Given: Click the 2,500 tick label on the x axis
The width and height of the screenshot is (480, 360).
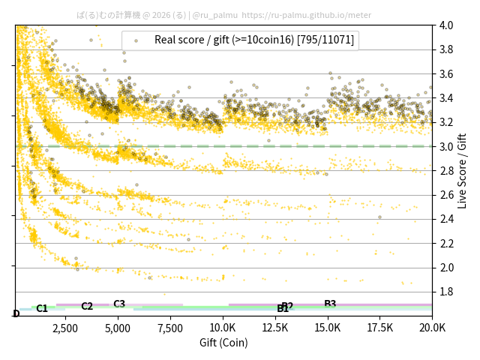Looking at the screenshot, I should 65,328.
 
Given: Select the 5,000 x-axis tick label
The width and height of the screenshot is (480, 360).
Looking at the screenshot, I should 118,328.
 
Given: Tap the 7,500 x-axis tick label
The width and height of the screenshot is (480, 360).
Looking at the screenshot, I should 170,328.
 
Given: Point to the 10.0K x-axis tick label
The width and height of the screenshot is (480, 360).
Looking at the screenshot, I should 223,328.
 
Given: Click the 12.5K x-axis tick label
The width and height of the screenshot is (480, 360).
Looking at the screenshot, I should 275,328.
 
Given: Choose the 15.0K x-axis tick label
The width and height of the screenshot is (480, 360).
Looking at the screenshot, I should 328,328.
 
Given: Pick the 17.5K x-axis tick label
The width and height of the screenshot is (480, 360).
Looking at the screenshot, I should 380,328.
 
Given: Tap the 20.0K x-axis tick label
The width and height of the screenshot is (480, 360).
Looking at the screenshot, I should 432,328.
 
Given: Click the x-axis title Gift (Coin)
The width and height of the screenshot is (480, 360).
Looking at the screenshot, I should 223,343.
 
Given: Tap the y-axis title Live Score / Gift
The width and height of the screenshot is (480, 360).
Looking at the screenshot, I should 463,169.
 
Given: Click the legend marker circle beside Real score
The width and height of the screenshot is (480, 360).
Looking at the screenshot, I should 136,40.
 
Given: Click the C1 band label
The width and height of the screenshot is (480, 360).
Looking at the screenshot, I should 42,308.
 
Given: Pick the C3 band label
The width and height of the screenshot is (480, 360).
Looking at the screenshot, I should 119,304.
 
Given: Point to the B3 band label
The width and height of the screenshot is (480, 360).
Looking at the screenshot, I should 330,304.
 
